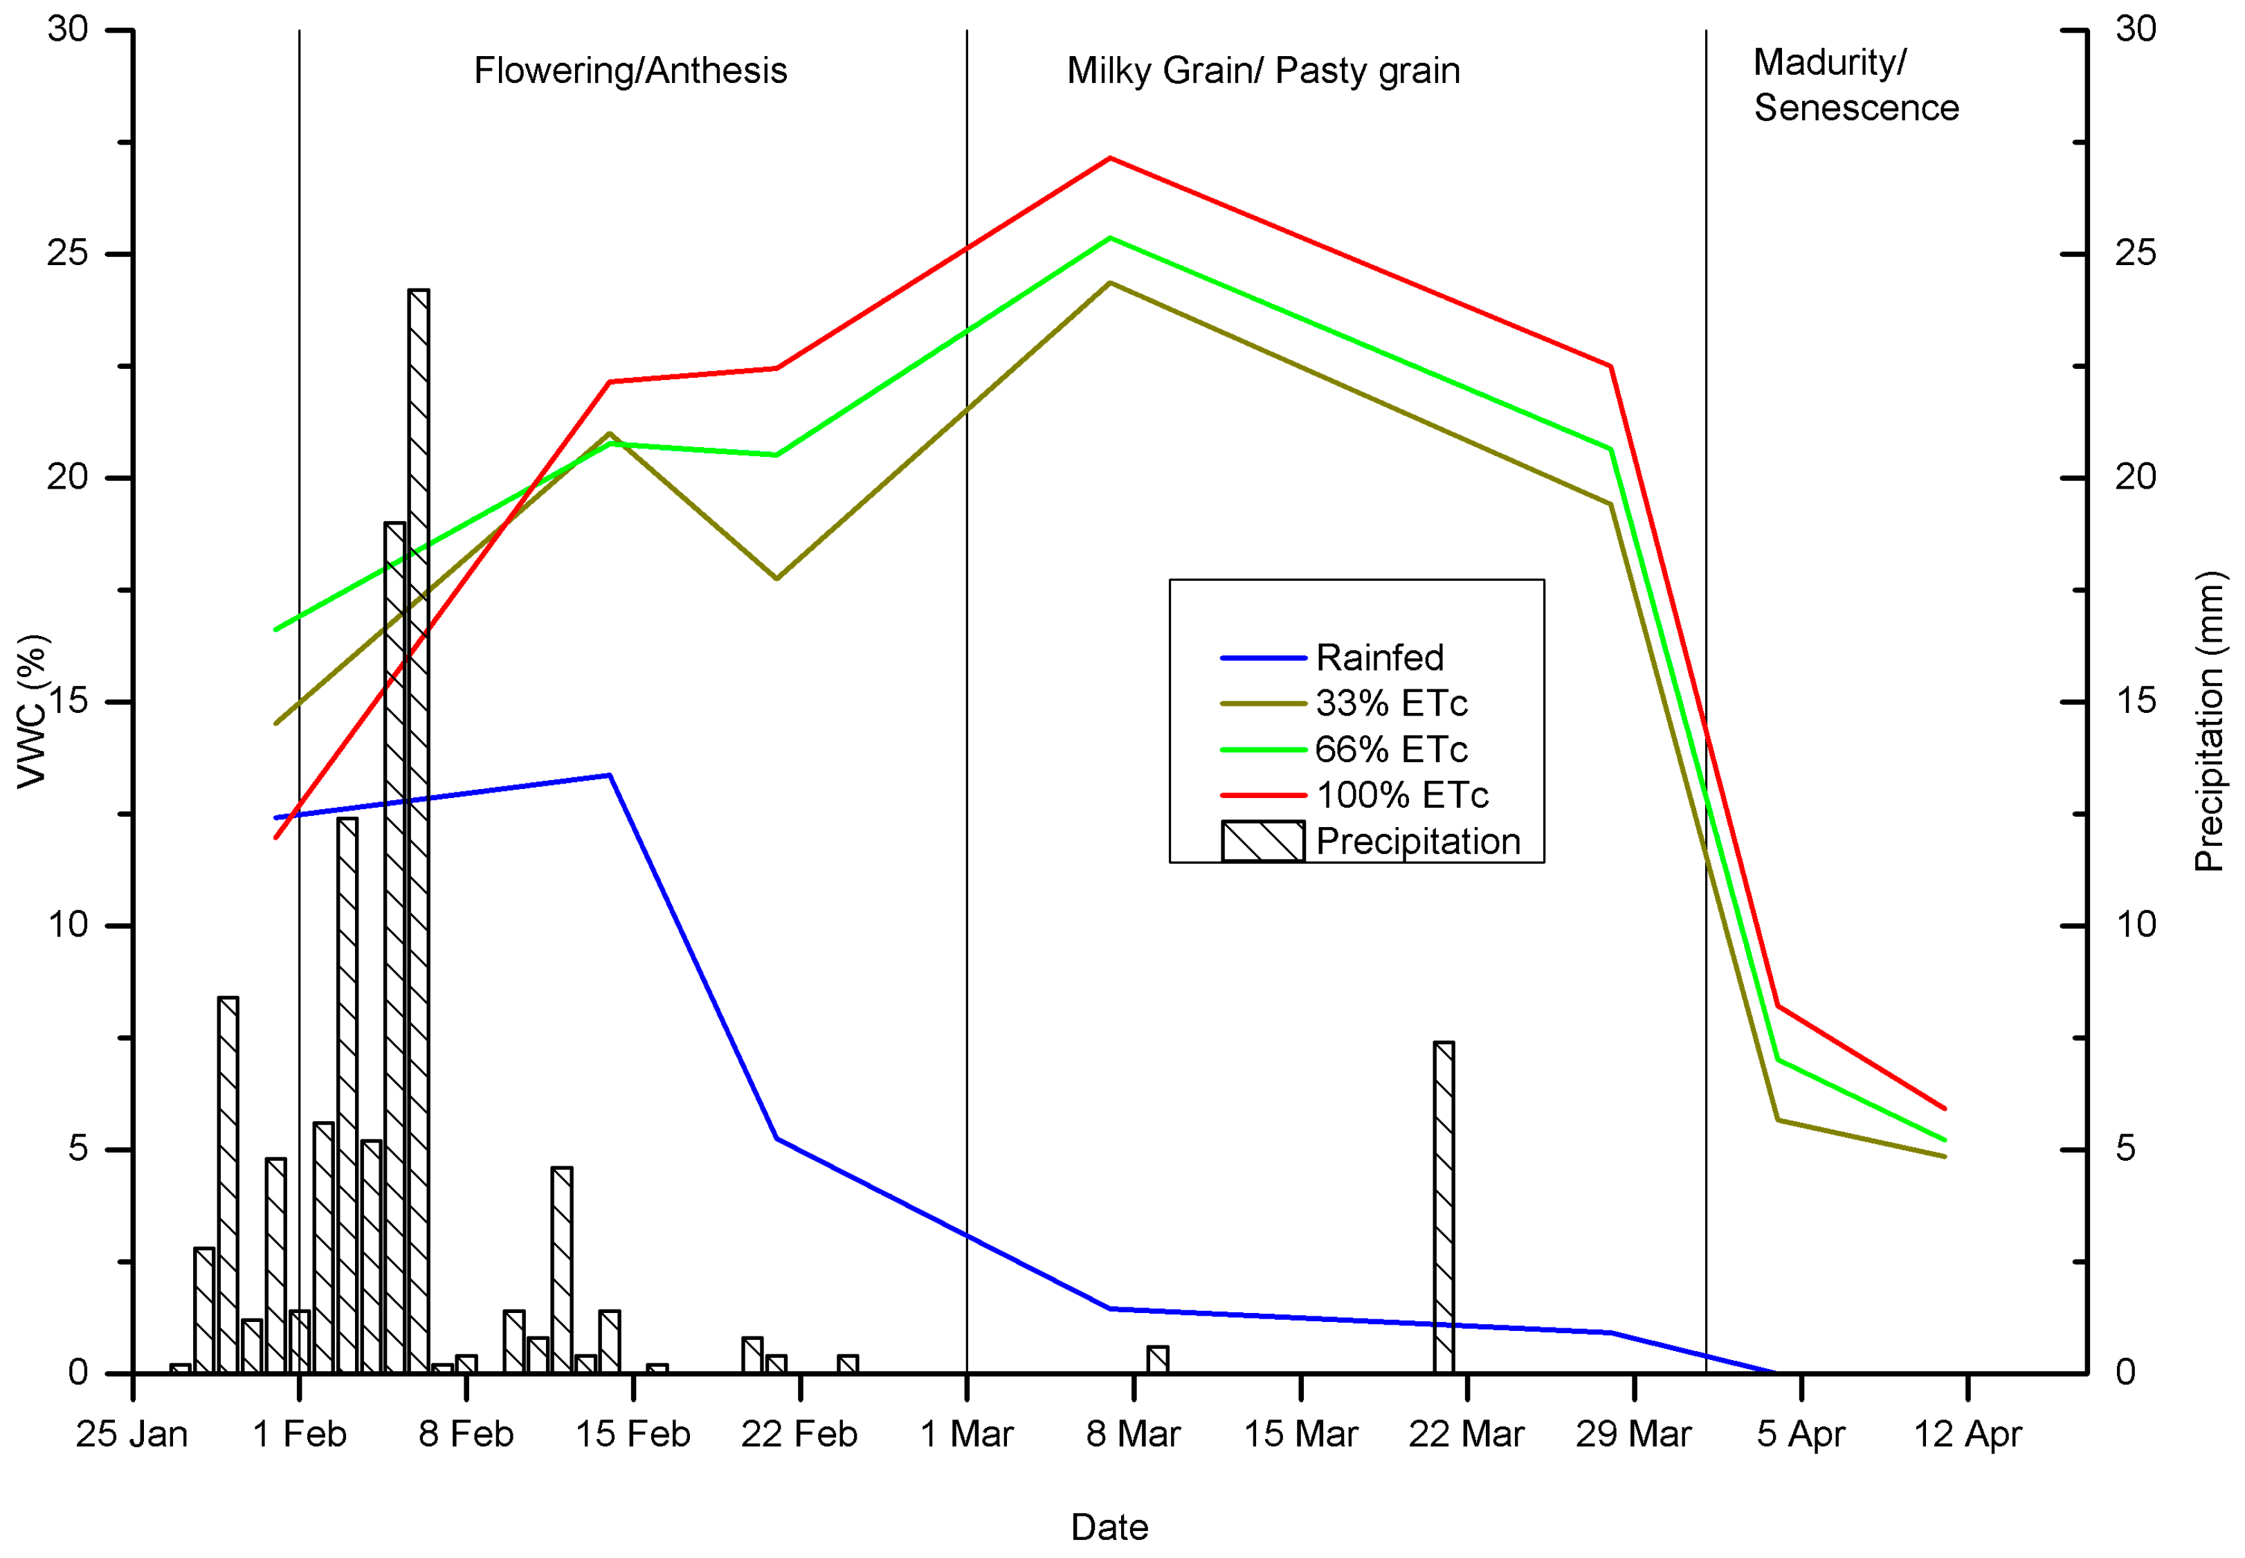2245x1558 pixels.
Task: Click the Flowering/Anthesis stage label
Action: (630, 71)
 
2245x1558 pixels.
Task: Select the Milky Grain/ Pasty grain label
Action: (1263, 71)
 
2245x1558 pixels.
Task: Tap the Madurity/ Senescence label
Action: (1855, 85)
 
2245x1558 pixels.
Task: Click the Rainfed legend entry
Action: (1379, 658)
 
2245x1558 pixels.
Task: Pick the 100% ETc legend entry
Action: (1401, 795)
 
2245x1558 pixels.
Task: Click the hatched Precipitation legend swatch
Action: (1262, 840)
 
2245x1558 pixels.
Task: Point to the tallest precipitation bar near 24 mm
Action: (419, 830)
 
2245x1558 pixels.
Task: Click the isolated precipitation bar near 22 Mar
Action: (1443, 1208)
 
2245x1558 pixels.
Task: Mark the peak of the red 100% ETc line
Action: (1110, 158)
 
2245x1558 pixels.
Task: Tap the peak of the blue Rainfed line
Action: (609, 775)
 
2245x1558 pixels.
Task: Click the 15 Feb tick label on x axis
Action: (633, 1434)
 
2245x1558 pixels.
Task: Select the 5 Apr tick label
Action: (1800, 1434)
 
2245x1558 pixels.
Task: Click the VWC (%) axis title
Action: (33, 711)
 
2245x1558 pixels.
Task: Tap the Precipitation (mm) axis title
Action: (2209, 721)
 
